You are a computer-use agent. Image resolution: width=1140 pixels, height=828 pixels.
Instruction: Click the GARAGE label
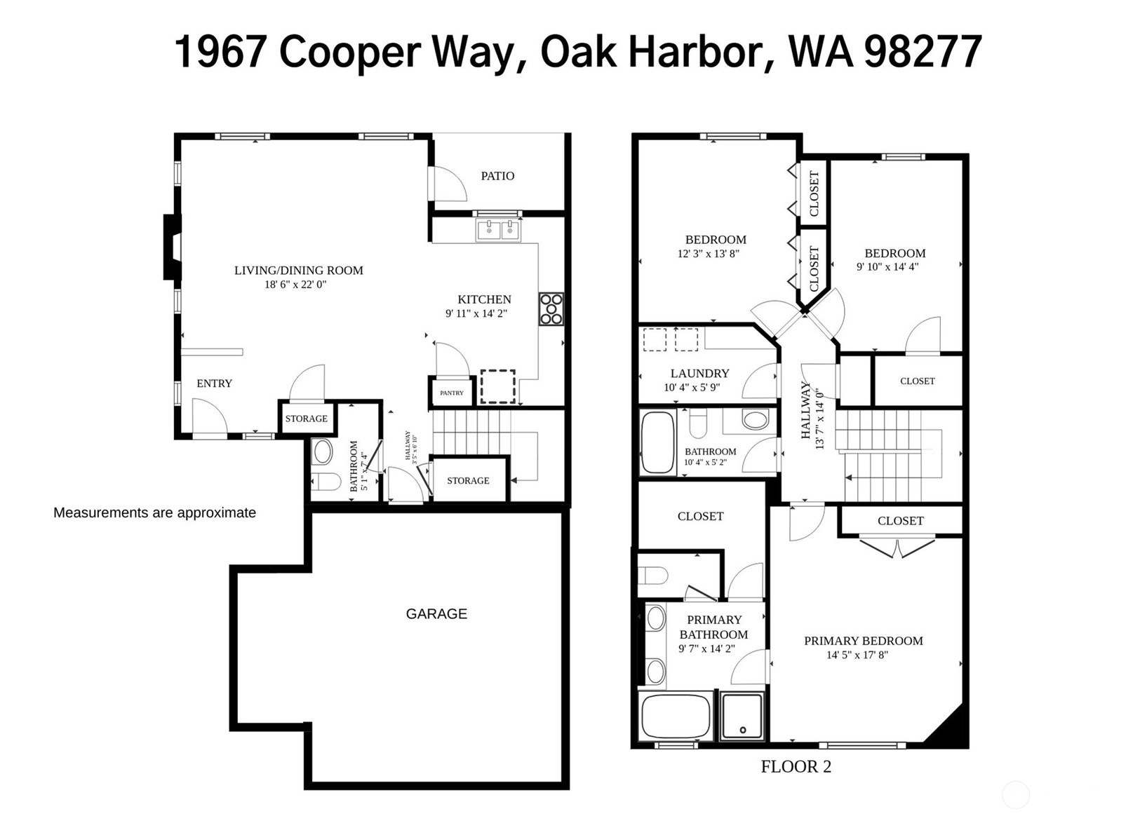(436, 614)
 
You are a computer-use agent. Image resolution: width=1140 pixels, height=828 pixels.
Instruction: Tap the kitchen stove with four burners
(551, 308)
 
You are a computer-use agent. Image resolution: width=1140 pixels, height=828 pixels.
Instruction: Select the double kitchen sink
(498, 230)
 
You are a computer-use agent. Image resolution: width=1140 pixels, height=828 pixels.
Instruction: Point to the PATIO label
(497, 176)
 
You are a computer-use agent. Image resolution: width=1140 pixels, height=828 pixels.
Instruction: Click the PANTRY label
(451, 393)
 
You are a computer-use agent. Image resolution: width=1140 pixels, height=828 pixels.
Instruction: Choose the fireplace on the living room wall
(172, 247)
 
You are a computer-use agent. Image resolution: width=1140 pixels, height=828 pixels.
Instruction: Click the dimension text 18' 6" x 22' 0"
(295, 285)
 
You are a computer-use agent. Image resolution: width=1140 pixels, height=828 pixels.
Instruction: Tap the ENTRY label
(214, 383)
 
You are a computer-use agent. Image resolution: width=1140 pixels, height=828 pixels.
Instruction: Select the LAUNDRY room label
(699, 373)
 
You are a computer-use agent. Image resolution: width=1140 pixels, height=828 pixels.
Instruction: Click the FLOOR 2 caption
(796, 766)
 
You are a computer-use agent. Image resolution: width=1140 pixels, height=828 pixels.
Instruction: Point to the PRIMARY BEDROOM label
(863, 641)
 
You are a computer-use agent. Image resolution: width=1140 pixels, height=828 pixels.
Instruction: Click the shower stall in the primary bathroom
(742, 717)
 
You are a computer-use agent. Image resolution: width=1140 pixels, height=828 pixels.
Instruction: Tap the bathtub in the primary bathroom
(676, 717)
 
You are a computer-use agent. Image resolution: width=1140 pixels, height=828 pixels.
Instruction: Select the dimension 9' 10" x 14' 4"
(887, 267)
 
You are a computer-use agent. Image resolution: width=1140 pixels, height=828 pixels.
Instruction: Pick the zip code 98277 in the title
(923, 52)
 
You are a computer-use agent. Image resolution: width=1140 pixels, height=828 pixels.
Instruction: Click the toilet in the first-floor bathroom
(326, 481)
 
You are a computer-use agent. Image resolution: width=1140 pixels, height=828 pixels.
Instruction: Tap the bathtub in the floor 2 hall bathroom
(657, 442)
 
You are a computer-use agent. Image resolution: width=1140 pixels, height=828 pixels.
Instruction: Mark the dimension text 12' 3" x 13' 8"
(709, 253)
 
